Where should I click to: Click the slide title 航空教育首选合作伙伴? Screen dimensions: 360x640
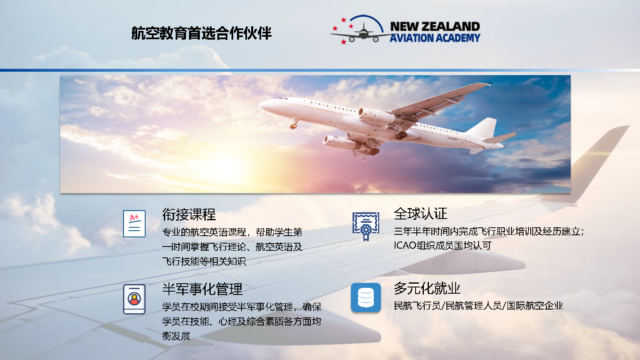[201, 33]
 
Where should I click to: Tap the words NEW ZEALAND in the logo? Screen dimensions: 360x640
[435, 26]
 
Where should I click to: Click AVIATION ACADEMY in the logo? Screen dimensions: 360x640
[435, 38]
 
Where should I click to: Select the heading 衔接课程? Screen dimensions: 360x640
[189, 214]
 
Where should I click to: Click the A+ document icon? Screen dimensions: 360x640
[134, 224]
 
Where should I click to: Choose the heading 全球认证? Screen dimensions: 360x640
[420, 214]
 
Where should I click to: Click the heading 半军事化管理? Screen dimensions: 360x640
[202, 289]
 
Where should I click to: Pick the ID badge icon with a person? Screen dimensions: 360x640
[134, 299]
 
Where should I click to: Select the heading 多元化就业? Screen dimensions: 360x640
[427, 288]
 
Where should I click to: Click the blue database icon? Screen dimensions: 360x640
[366, 297]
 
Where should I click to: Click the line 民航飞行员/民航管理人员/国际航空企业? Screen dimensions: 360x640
[478, 306]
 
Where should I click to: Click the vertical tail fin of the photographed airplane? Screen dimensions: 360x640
[485, 127]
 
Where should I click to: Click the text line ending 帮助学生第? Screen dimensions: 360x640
[232, 232]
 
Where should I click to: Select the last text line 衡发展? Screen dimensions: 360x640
[176, 336]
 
